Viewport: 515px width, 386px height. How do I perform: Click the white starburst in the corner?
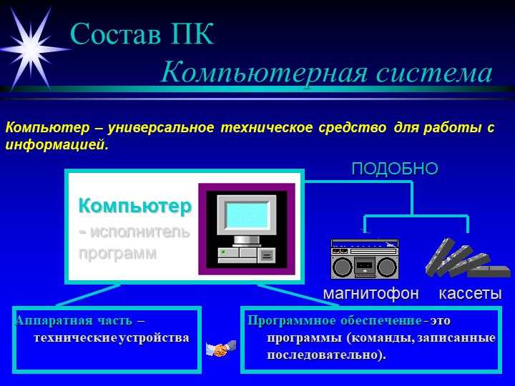pyautogui.click(x=32, y=49)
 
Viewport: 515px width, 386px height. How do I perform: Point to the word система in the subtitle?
pyautogui.click(x=434, y=74)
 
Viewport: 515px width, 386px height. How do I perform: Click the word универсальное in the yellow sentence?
pyautogui.click(x=161, y=127)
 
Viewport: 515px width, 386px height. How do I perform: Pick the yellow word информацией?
pyautogui.click(x=57, y=144)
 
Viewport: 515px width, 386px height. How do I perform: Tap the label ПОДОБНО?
pyautogui.click(x=395, y=169)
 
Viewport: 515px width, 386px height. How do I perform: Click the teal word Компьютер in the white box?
pyautogui.click(x=135, y=206)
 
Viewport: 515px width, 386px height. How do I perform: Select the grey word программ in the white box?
pyautogui.click(x=117, y=253)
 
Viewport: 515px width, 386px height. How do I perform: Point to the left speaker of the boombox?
pyautogui.click(x=342, y=267)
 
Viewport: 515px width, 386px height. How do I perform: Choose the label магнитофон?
pyautogui.click(x=371, y=293)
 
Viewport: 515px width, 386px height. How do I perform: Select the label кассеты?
pyautogui.click(x=471, y=294)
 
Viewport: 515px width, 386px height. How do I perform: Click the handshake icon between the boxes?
pyautogui.click(x=221, y=349)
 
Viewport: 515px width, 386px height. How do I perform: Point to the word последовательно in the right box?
pyautogui.click(x=326, y=355)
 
